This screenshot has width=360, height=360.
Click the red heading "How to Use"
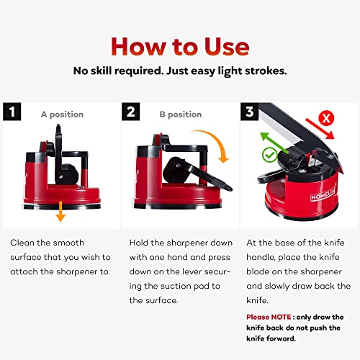(180, 45)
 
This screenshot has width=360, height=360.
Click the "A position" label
(62, 114)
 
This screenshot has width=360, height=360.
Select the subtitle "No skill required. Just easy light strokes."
(180, 71)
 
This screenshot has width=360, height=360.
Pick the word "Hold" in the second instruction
(141, 243)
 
